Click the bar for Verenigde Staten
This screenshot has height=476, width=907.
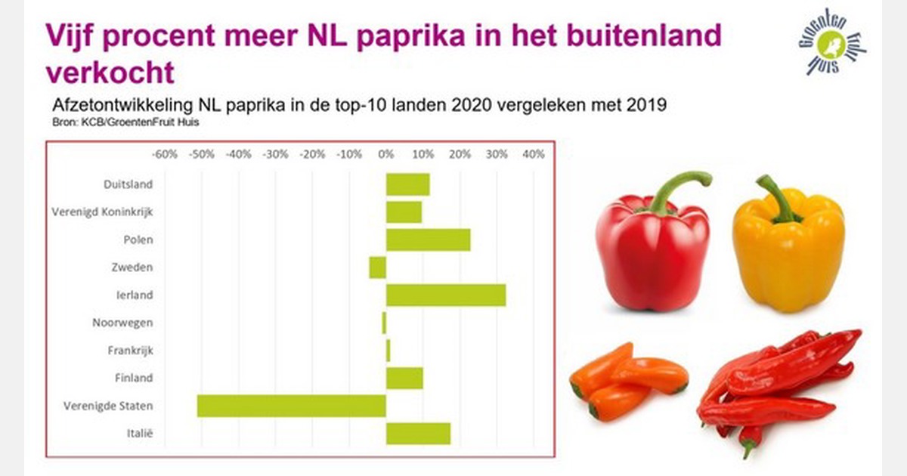(x=292, y=406)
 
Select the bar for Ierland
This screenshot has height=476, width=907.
(x=446, y=295)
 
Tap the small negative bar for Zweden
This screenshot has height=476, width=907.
(x=378, y=267)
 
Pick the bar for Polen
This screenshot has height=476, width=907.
(x=429, y=240)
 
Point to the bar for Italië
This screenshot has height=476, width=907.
(x=419, y=434)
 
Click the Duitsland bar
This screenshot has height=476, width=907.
(x=408, y=184)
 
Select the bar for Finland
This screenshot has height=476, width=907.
(x=404, y=378)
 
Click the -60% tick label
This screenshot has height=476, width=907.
(x=165, y=154)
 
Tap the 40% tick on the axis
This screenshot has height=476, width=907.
(x=533, y=154)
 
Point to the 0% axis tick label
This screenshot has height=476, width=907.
(x=386, y=154)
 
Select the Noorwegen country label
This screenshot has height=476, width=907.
(x=122, y=323)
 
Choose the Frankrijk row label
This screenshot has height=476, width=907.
(x=126, y=351)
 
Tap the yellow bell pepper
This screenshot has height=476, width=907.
(x=788, y=249)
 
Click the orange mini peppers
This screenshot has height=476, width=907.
(x=627, y=382)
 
